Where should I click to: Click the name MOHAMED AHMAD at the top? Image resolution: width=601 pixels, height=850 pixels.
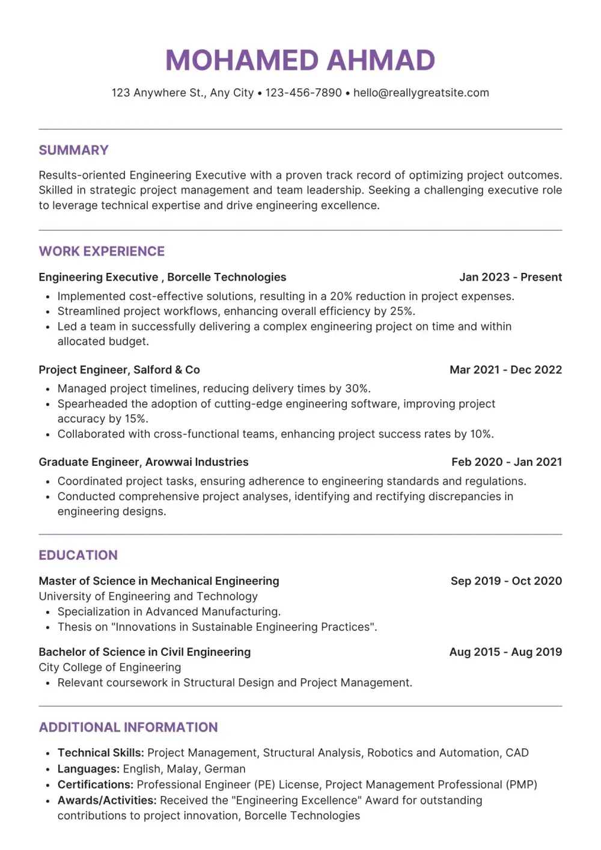[x=300, y=60]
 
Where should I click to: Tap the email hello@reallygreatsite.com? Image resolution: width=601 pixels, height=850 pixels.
[x=421, y=93]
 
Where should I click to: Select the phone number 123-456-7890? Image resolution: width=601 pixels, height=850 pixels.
[x=304, y=93]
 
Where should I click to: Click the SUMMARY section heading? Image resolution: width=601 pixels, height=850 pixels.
[x=73, y=150]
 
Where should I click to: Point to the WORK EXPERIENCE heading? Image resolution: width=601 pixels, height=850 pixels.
[x=102, y=251]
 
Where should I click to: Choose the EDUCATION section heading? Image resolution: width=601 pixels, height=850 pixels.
[x=78, y=555]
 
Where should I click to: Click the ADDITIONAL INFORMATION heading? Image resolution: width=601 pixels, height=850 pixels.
[x=128, y=727]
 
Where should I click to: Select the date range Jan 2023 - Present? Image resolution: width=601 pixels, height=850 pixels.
[x=510, y=277]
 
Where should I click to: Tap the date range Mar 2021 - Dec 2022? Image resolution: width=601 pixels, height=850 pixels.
[x=505, y=370]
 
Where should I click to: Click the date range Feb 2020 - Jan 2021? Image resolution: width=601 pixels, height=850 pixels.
[x=507, y=462]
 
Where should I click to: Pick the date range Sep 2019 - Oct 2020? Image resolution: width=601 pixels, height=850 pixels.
[x=506, y=581]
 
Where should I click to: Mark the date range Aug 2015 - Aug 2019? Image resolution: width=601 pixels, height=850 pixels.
[x=505, y=652]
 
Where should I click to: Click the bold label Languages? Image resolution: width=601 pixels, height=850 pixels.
[x=88, y=769]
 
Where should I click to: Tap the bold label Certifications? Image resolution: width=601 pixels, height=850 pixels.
[x=95, y=784]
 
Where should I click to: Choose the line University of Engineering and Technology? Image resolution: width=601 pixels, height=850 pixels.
[x=148, y=596]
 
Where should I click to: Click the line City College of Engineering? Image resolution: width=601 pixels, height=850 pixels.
[x=109, y=667]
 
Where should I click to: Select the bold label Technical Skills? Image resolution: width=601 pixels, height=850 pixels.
[x=100, y=753]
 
